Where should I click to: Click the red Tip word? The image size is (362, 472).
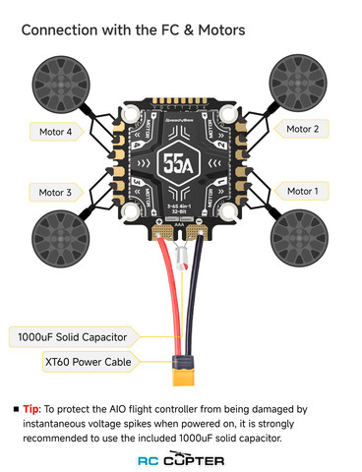coord(32,408)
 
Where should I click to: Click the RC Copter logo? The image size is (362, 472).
coord(181,459)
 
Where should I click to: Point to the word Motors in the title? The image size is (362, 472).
coord(213,30)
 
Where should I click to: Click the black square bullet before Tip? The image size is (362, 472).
coord(16,408)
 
